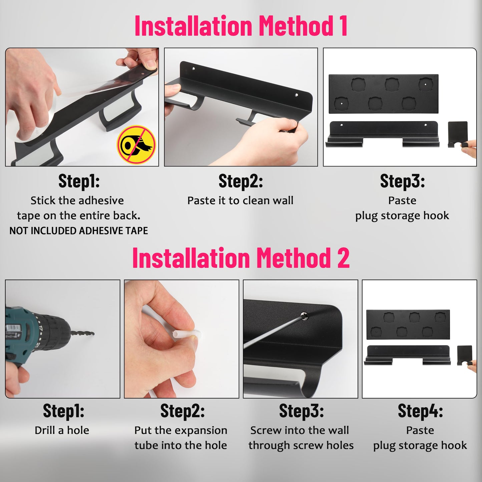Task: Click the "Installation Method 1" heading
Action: pyautogui.click(x=241, y=26)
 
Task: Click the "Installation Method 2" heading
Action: pyautogui.click(x=241, y=258)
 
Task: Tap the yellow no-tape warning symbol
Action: pyautogui.click(x=136, y=145)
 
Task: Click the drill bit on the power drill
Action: pyautogui.click(x=82, y=333)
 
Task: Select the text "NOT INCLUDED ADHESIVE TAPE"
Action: pyautogui.click(x=78, y=230)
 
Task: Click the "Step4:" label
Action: pyautogui.click(x=420, y=411)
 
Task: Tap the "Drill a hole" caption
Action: pyautogui.click(x=62, y=431)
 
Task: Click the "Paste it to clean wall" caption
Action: pyautogui.click(x=240, y=200)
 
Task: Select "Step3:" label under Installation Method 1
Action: pyautogui.click(x=402, y=181)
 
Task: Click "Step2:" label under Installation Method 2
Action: pyautogui.click(x=182, y=411)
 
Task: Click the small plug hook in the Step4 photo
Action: pyautogui.click(x=465, y=355)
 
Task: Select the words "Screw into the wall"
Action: pyautogui.click(x=300, y=431)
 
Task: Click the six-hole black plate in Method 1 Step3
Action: pyautogui.click(x=384, y=94)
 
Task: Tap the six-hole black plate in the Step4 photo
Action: pyautogui.click(x=408, y=325)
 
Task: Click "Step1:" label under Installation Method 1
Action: pyautogui.click(x=79, y=181)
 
